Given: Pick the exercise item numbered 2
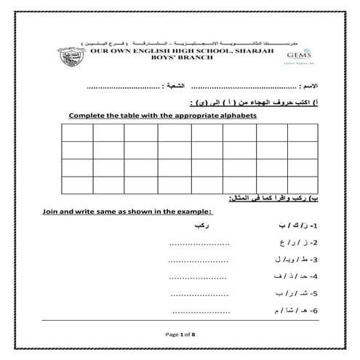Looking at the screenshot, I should [x=298, y=243].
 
